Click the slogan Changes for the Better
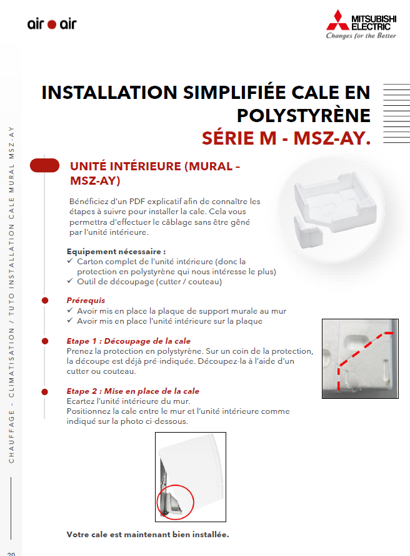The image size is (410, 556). pyautogui.click(x=361, y=36)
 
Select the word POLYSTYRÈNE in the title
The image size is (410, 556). pyautogui.click(x=303, y=115)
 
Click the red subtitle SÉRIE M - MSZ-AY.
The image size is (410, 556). pyautogui.click(x=286, y=138)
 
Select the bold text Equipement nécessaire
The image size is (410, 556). pyautogui.click(x=116, y=250)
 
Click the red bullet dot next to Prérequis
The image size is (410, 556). pyautogui.click(x=45, y=301)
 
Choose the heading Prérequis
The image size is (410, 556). pyautogui.click(x=86, y=301)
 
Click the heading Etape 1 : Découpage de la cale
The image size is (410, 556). pyautogui.click(x=128, y=341)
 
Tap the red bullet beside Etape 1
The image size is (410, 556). pyautogui.click(x=45, y=341)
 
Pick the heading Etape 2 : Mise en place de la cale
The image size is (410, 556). pyautogui.click(x=132, y=391)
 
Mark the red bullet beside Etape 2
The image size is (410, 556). pyautogui.click(x=45, y=391)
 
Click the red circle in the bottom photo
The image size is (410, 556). pyautogui.click(x=176, y=503)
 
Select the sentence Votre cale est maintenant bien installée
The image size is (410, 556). pyautogui.click(x=147, y=535)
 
